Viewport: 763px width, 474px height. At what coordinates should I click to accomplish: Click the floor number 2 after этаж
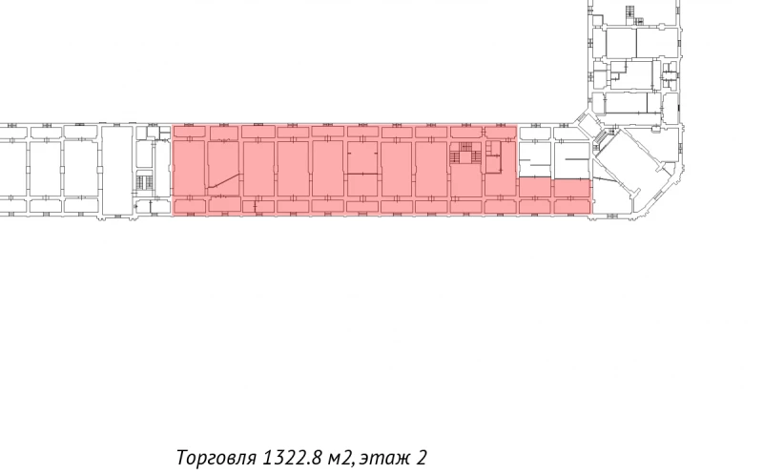pos(423,458)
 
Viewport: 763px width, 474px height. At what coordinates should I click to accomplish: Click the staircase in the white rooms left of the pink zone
pos(145,181)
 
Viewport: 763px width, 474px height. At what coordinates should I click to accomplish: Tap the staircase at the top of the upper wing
pos(629,11)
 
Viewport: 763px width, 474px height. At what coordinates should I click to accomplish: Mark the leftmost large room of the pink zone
pos(190,169)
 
